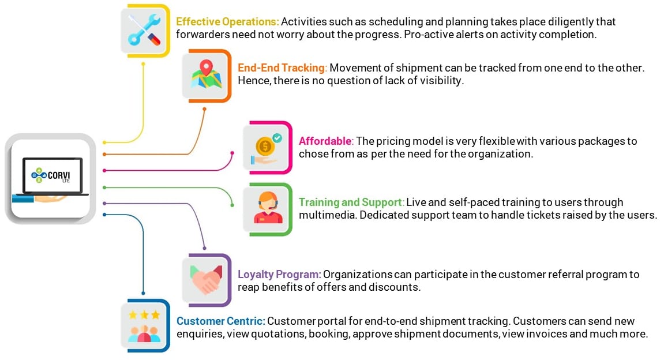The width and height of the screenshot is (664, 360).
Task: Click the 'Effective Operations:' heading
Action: (227, 21)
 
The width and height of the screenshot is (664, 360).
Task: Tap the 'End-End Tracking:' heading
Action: (282, 67)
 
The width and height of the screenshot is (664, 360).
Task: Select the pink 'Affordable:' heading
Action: (326, 141)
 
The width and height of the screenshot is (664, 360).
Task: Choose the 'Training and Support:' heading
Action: (351, 202)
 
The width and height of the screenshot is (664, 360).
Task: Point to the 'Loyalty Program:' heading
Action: (279, 275)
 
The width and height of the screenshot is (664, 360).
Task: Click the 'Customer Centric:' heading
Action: (220, 321)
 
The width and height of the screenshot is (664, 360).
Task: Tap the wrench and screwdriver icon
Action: (145, 29)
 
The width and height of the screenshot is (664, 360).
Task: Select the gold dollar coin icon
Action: (264, 147)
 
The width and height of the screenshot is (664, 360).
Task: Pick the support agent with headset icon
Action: (268, 208)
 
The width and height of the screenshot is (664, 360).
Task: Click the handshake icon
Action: (206, 280)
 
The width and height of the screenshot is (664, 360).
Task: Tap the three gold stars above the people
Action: (144, 314)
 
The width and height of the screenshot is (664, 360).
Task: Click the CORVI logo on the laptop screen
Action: (51, 175)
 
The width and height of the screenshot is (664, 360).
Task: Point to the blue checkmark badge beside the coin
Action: (277, 138)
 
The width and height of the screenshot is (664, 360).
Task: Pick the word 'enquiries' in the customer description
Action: (200, 334)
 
